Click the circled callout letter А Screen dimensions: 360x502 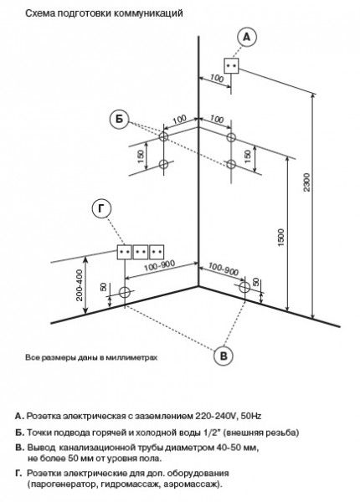point(247,38)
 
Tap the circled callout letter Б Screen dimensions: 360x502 point(119,120)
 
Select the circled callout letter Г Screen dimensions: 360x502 point(101,208)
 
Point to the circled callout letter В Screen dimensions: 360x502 point(224,356)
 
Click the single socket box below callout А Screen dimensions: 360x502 point(231,66)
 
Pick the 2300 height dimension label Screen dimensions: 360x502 point(307,182)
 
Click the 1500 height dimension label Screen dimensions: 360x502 point(281,238)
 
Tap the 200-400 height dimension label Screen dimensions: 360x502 point(79,285)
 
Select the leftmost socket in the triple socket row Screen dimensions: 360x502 point(124,252)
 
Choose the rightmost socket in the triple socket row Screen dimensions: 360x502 point(157,252)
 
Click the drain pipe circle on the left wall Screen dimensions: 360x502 point(125,292)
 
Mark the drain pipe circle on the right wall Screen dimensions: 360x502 point(244,288)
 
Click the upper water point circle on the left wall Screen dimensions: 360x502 point(163,136)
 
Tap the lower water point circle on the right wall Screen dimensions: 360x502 point(231,164)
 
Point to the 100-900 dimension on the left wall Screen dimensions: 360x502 point(159,266)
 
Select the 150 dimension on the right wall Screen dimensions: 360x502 point(248,156)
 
